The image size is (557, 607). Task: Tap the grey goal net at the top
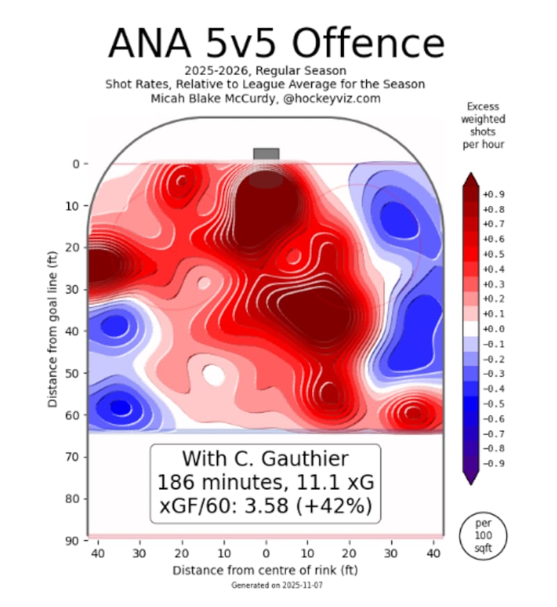266,154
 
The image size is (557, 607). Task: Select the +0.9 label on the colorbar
494,194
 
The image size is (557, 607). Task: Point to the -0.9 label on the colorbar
494,463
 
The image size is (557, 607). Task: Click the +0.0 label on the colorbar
494,329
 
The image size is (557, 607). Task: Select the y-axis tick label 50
74,373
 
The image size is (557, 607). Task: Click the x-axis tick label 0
265,553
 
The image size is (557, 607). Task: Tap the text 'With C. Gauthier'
265,459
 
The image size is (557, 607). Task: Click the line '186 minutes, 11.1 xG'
265,482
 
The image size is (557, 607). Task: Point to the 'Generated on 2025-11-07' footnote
265,587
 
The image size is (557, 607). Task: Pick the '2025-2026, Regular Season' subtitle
265,71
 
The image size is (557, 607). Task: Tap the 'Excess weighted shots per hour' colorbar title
485,125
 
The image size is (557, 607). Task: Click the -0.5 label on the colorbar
494,403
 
